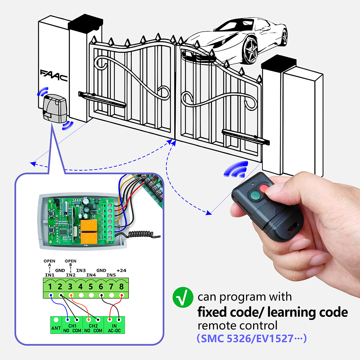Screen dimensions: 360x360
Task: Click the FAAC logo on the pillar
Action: [x=54, y=76]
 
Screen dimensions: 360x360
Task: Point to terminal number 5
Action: [x=91, y=287]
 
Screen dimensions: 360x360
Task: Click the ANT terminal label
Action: [x=56, y=328]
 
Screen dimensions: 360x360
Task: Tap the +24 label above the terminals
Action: [x=121, y=270]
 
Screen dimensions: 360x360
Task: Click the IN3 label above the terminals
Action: [x=81, y=270]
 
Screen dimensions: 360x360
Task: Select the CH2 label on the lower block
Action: [x=93, y=325]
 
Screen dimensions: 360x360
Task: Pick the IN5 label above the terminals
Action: [x=111, y=275]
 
